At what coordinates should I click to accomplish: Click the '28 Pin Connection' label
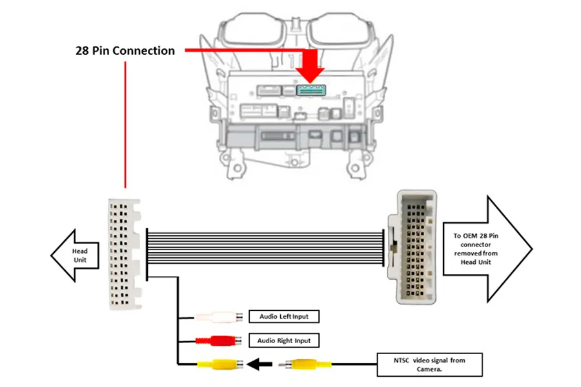coord(125,50)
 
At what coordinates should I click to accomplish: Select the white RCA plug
coord(219,317)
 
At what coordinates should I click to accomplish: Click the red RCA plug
coord(219,340)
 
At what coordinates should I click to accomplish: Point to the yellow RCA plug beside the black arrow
coord(219,365)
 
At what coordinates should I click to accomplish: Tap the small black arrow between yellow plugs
coord(261,365)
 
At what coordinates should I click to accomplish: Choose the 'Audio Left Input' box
coord(284,316)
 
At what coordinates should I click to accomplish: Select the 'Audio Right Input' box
coord(284,340)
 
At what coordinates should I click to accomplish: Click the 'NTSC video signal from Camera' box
coord(430,365)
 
